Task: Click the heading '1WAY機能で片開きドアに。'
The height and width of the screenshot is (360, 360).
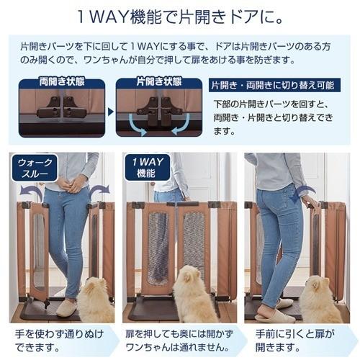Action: tap(179, 16)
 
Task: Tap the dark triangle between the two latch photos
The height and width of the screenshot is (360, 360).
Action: tap(110, 111)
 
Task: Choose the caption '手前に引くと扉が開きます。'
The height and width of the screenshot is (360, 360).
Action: tap(297, 341)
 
